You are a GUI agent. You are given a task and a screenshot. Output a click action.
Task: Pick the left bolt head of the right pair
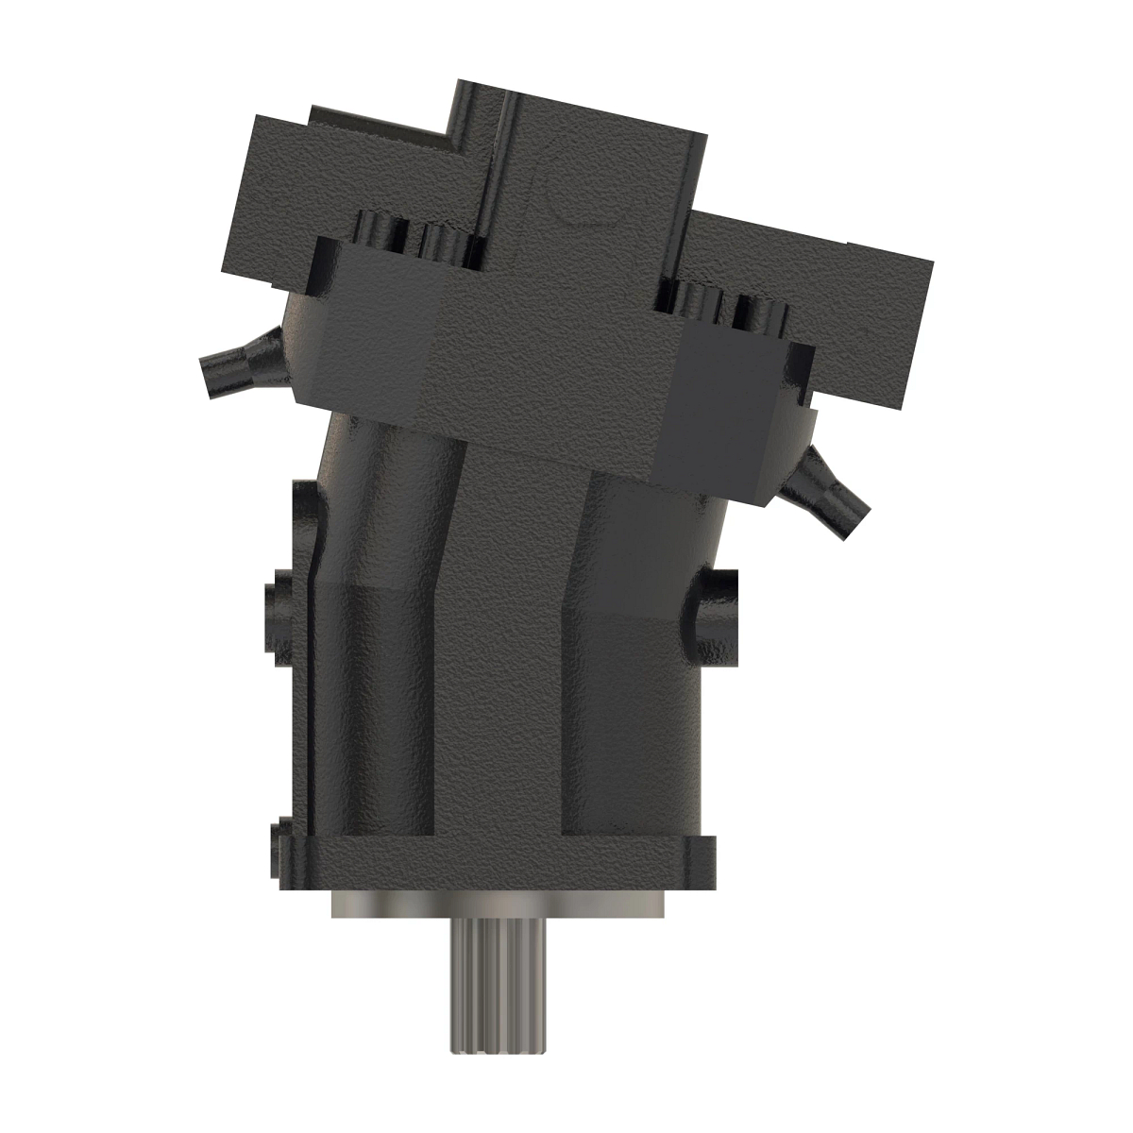coord(697,298)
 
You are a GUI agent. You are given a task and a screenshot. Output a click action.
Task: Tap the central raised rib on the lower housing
coord(510,661)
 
